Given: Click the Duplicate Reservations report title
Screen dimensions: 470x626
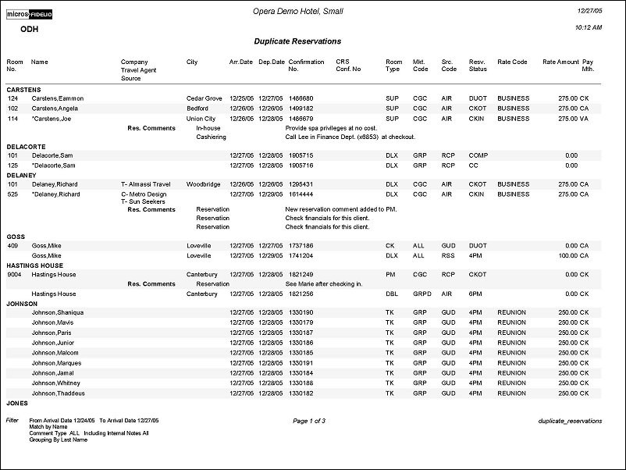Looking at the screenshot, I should click(x=297, y=41).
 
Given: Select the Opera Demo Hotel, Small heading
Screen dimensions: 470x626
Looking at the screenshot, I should click(x=297, y=12).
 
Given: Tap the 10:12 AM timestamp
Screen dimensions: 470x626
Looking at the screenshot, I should click(x=587, y=28).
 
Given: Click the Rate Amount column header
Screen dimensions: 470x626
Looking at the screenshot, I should click(x=560, y=62).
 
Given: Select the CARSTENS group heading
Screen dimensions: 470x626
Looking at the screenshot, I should click(x=23, y=90).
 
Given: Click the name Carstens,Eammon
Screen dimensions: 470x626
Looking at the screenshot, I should click(x=57, y=98).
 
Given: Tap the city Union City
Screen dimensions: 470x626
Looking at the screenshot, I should click(x=201, y=119).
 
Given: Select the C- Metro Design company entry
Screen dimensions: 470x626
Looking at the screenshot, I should click(x=144, y=194).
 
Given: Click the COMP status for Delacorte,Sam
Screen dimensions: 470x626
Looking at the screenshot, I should click(x=478, y=155).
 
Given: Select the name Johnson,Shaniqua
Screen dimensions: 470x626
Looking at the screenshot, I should click(x=57, y=312).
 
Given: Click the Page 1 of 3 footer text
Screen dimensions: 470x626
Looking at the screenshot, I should click(x=309, y=421).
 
